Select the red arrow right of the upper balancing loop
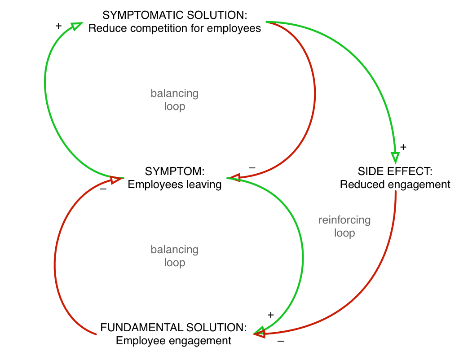pyautogui.click(x=315, y=90)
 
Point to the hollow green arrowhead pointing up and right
pyautogui.click(x=77, y=26)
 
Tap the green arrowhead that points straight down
pyautogui.click(x=395, y=158)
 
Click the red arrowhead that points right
pyautogui.click(x=116, y=180)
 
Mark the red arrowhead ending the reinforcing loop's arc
pyautogui.click(x=260, y=334)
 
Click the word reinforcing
pyautogui.click(x=344, y=220)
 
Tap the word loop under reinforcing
pyautogui.click(x=344, y=233)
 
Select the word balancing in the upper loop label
pyautogui.click(x=174, y=94)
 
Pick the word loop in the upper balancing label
pyautogui.click(x=174, y=107)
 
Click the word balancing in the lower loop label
pyautogui.click(x=174, y=250)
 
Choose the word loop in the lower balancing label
pyautogui.click(x=174, y=263)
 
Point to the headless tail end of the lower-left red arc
pyautogui.click(x=96, y=334)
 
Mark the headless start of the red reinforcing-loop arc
pyautogui.click(x=396, y=192)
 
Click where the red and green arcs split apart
pyautogui.click(x=269, y=22)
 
